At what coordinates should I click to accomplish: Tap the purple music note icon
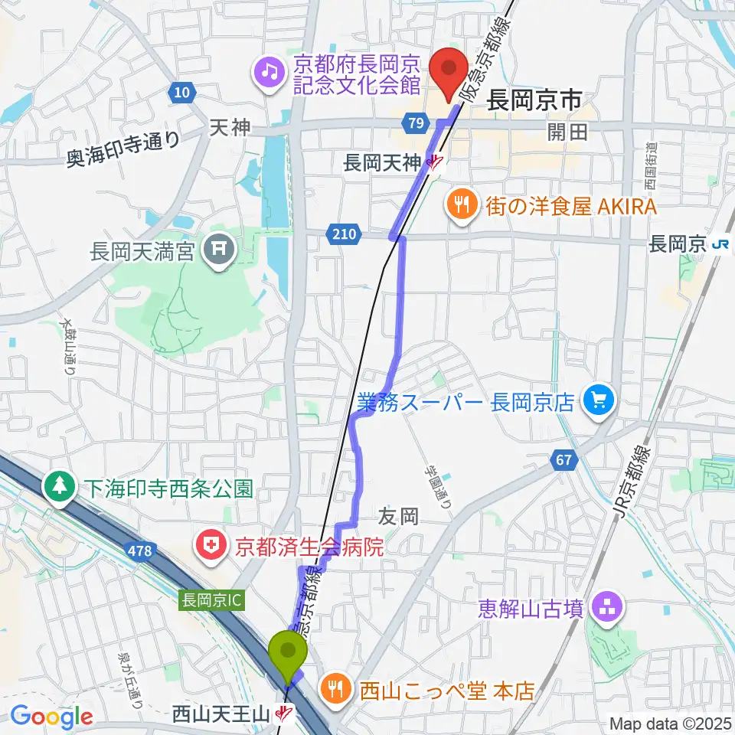(x=268, y=73)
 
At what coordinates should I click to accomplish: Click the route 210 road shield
(x=345, y=234)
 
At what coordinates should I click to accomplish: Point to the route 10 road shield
(x=181, y=93)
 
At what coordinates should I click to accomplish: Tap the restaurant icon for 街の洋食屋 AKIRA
(x=461, y=204)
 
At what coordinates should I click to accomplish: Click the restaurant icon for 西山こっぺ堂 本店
(x=335, y=690)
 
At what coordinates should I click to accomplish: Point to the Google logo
(x=51, y=716)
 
